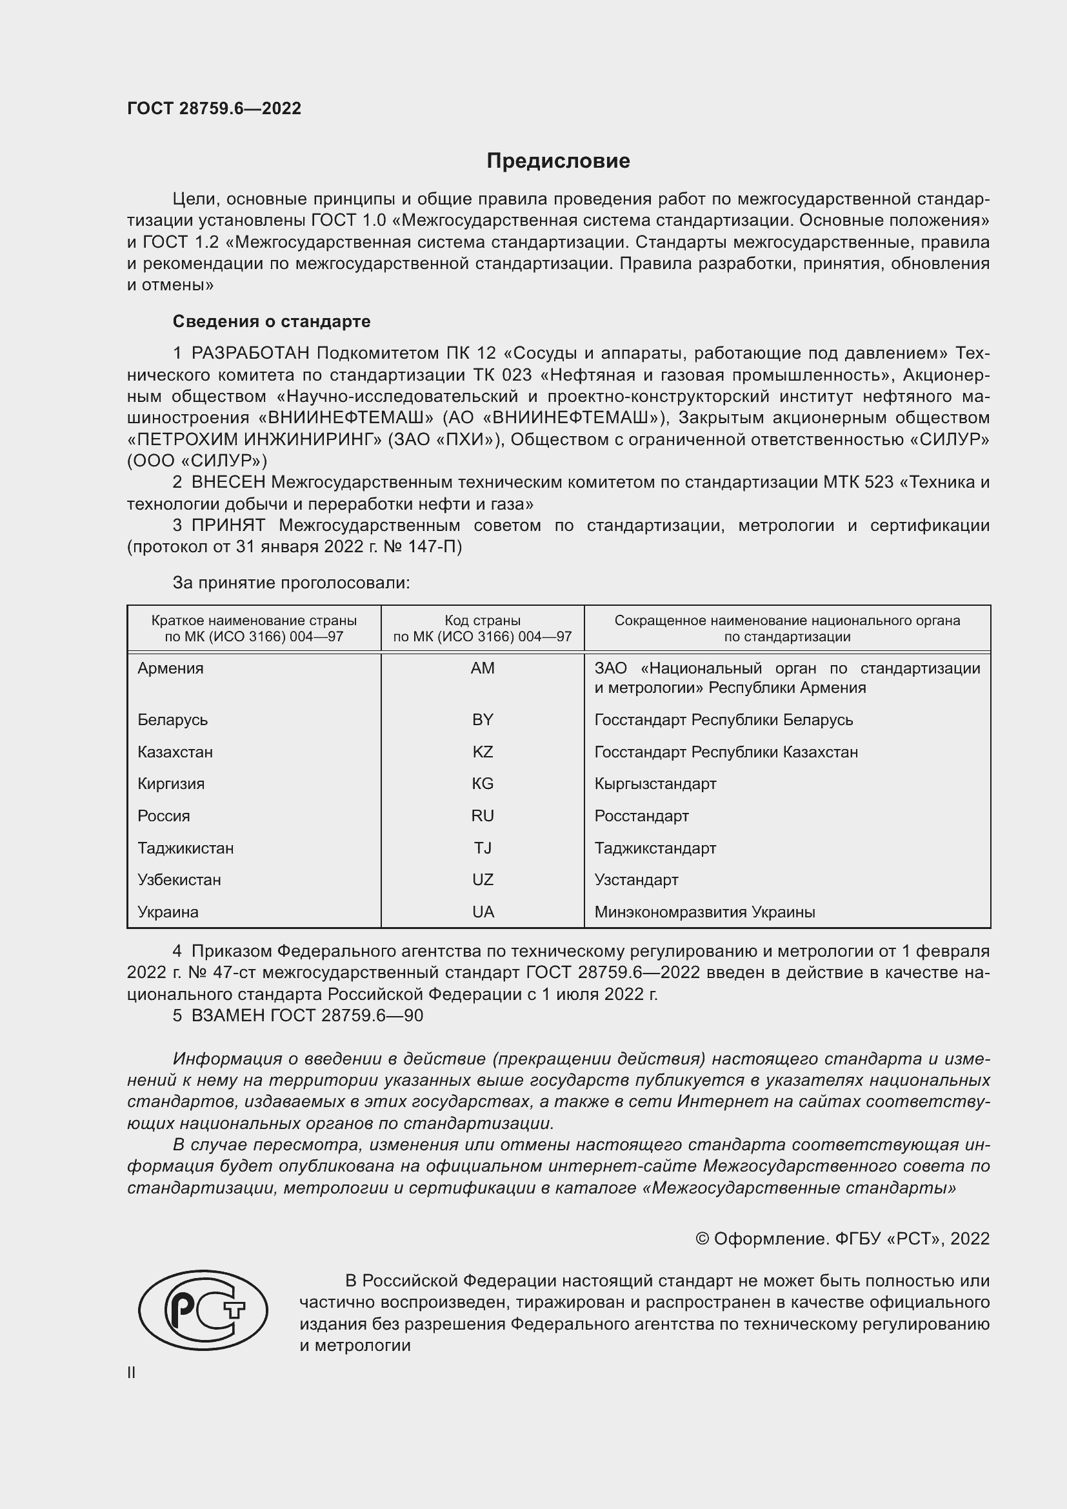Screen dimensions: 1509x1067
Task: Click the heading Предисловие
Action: [x=558, y=161]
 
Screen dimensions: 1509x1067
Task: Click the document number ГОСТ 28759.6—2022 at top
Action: [x=214, y=108]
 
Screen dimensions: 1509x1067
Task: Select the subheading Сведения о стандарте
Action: [x=272, y=321]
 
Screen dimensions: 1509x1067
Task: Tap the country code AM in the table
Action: [x=483, y=668]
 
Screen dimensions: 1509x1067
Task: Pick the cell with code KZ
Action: [x=483, y=752]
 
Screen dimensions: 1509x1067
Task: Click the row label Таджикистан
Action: [x=185, y=848]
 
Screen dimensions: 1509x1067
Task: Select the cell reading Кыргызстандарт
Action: [x=655, y=784]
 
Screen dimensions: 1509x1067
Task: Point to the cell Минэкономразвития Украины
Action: [x=704, y=912]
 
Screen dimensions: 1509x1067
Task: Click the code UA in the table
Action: [x=483, y=912]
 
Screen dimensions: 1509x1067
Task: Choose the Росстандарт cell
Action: [x=641, y=816]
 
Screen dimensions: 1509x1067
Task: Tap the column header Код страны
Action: [x=483, y=621]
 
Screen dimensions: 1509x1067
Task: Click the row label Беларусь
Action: [x=172, y=721]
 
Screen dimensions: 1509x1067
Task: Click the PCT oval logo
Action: [x=203, y=1310]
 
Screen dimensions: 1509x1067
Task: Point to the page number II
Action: [x=132, y=1373]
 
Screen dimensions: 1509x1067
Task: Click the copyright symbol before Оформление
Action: [x=702, y=1239]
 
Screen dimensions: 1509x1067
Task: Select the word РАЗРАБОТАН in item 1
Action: [x=250, y=354]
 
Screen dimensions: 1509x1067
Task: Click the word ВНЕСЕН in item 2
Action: [x=228, y=483]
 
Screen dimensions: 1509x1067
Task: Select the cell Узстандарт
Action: [x=636, y=880]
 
